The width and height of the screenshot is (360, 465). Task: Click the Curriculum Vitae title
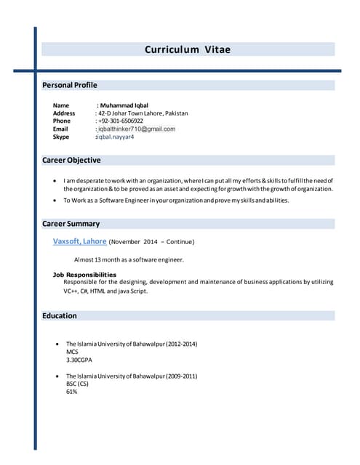coord(188,49)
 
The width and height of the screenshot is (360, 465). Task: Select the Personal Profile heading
coord(70,85)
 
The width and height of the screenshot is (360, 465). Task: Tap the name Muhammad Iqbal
coord(125,105)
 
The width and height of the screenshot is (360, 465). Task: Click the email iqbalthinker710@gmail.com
coord(137,129)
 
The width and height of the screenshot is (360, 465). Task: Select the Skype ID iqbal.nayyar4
coord(116,137)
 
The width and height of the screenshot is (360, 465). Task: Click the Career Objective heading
coord(71,160)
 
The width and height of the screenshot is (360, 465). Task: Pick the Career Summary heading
coord(71,224)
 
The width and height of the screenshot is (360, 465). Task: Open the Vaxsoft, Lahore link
coord(80,240)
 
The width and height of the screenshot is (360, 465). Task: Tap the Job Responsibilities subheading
coord(84,275)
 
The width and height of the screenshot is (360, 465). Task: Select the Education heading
coord(60,315)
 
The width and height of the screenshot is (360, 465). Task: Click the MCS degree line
coord(72,352)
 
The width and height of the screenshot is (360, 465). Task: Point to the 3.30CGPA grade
coord(79,360)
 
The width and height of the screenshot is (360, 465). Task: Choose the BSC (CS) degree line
coord(78,384)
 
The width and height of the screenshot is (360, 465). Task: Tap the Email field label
coord(60,129)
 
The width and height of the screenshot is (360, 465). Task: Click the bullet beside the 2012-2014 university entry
coord(57,344)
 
